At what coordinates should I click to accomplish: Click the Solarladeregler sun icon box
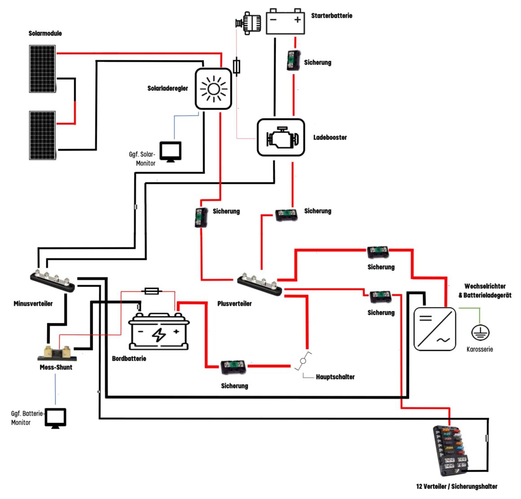[x=213, y=89]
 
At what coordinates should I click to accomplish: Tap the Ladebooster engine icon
[x=281, y=138]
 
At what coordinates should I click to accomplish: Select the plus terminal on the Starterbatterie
[x=297, y=20]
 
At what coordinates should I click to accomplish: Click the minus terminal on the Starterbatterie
[x=274, y=20]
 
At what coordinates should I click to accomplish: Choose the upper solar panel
[x=43, y=69]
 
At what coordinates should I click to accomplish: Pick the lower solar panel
[x=43, y=135]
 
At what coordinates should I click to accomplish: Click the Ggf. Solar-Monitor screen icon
[x=171, y=151]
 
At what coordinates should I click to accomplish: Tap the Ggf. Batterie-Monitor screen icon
[x=55, y=418]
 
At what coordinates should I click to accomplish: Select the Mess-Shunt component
[x=57, y=353]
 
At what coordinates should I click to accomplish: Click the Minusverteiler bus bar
[x=53, y=281]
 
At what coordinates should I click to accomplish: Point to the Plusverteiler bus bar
[x=260, y=284]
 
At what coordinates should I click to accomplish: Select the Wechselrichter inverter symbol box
[x=434, y=329]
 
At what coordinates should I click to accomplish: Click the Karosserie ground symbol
[x=480, y=333]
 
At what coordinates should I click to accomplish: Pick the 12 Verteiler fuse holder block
[x=450, y=450]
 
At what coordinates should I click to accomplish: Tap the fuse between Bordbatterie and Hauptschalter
[x=233, y=368]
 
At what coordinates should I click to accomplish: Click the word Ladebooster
[x=330, y=138]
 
